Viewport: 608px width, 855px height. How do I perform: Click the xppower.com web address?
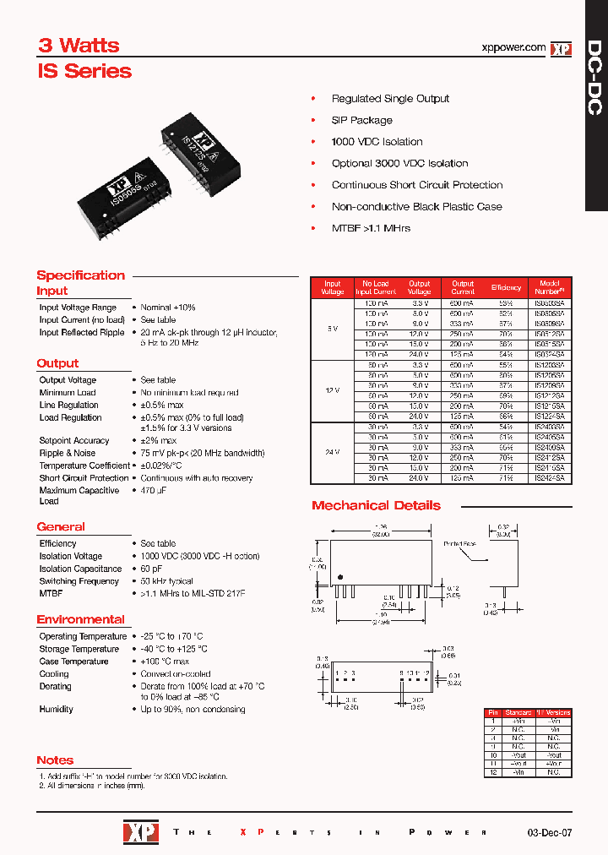point(512,48)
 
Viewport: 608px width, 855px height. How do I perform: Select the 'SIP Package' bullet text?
point(361,120)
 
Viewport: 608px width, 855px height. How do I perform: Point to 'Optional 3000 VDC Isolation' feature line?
point(399,163)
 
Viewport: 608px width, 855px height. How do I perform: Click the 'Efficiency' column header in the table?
point(507,288)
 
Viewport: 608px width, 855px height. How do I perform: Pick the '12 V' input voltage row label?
point(333,389)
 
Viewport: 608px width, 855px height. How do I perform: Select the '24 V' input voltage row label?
point(333,453)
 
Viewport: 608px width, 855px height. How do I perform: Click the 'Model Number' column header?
point(549,288)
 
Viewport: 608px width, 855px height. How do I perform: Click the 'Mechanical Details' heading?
point(376,505)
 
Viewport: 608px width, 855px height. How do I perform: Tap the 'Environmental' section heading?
point(80,619)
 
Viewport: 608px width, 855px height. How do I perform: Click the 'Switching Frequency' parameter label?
point(79,581)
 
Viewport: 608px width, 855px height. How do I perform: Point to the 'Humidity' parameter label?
point(56,710)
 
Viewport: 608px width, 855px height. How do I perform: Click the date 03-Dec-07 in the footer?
point(550,832)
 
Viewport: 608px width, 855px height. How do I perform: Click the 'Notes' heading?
point(55,760)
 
